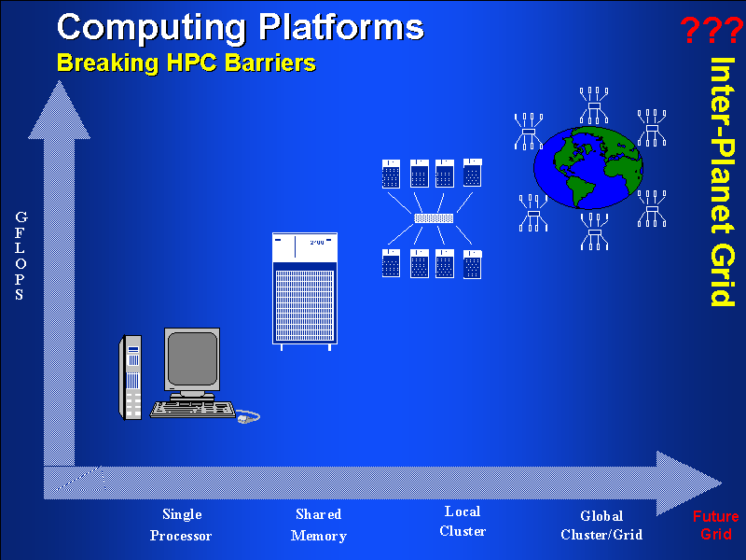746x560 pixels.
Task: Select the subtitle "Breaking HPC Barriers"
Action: click(186, 63)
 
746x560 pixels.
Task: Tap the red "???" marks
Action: click(711, 31)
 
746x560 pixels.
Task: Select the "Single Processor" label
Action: click(181, 525)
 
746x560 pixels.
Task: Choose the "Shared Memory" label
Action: click(318, 525)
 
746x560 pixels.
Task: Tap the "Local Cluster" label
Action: click(462, 522)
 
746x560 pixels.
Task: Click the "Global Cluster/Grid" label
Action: click(601, 525)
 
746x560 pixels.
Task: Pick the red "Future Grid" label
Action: click(715, 525)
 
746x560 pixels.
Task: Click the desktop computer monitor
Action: click(192, 360)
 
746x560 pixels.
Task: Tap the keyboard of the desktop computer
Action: click(194, 408)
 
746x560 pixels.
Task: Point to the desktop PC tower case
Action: click(131, 377)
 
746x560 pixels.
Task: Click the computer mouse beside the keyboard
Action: click(248, 416)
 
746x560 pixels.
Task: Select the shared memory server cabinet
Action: click(302, 289)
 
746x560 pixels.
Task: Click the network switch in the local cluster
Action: click(434, 218)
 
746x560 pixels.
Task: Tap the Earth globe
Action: click(588, 168)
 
